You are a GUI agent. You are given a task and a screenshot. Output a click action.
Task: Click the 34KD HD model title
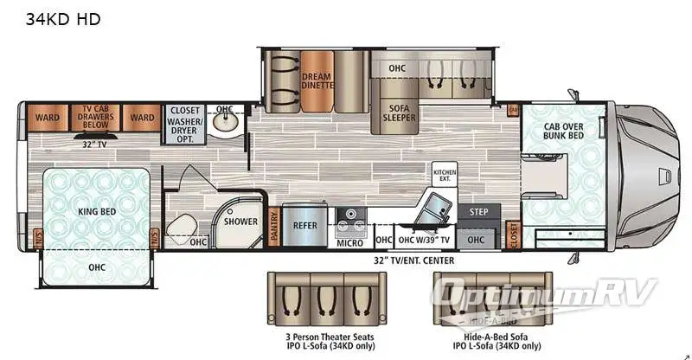(x=62, y=19)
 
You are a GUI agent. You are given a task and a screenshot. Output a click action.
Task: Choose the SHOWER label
(x=240, y=222)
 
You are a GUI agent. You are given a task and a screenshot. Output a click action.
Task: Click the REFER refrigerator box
(x=304, y=226)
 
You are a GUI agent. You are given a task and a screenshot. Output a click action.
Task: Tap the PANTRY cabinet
(x=273, y=226)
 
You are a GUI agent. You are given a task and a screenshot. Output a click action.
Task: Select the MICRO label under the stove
(x=349, y=242)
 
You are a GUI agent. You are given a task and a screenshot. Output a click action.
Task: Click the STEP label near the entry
(x=478, y=211)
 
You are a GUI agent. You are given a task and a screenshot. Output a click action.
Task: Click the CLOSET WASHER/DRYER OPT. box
(x=184, y=123)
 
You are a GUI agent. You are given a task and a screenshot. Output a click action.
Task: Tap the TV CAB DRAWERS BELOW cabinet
(x=94, y=116)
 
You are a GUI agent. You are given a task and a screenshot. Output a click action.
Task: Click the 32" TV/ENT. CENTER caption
(x=413, y=260)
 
